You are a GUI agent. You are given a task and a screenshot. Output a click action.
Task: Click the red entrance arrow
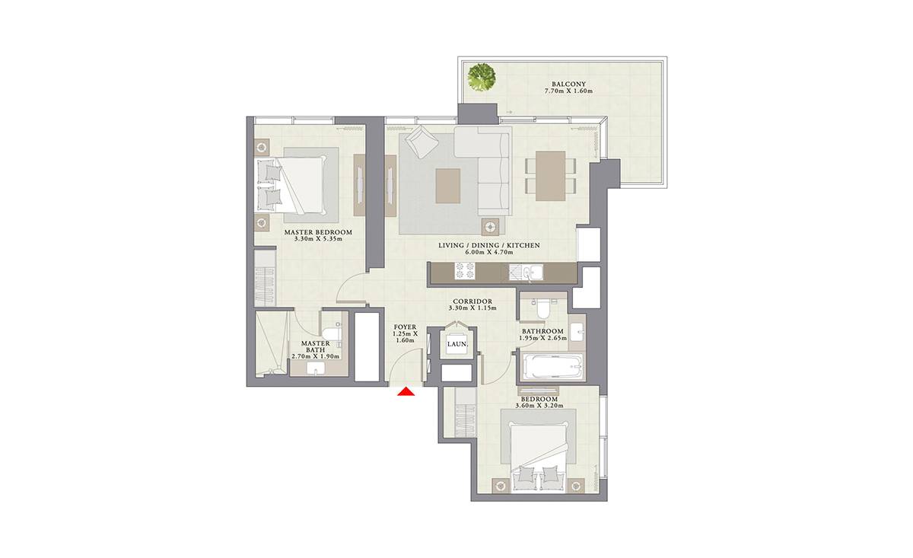pos(406,391)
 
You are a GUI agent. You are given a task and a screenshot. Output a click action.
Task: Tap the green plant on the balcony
pos(482,78)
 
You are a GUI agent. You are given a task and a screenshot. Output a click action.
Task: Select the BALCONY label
pos(568,84)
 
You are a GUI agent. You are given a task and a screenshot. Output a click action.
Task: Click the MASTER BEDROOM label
pos(318,232)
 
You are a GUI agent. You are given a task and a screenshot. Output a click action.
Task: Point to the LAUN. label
pos(457,344)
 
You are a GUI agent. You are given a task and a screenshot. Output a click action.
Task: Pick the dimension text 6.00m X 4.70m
pos(489,252)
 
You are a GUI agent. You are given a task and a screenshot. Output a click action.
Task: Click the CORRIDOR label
pos(472,302)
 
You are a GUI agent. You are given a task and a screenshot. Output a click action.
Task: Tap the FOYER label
pos(405,327)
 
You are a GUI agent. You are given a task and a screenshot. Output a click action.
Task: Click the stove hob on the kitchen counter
pos(465,271)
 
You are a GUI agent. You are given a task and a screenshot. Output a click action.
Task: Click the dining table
pos(551,176)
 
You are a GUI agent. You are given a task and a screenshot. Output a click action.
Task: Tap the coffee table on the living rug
pos(448,186)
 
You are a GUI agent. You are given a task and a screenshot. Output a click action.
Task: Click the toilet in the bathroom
pos(544,309)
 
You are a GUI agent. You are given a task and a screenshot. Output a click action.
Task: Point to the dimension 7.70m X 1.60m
pos(568,91)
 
